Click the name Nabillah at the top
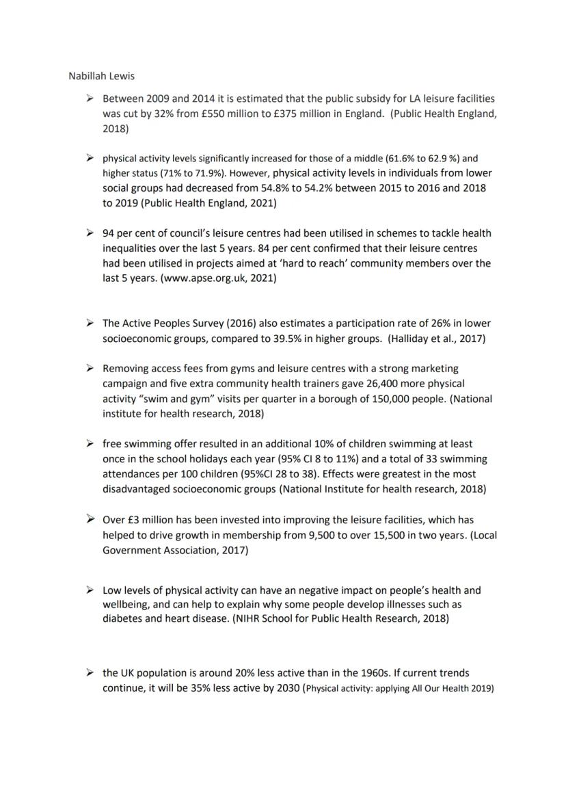pyautogui.click(x=86, y=76)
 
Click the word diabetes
pyautogui.click(x=123, y=618)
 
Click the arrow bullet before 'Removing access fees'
pyautogui.click(x=89, y=369)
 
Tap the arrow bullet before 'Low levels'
pyautogui.click(x=89, y=590)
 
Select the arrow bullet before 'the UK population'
pyautogui.click(x=89, y=673)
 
